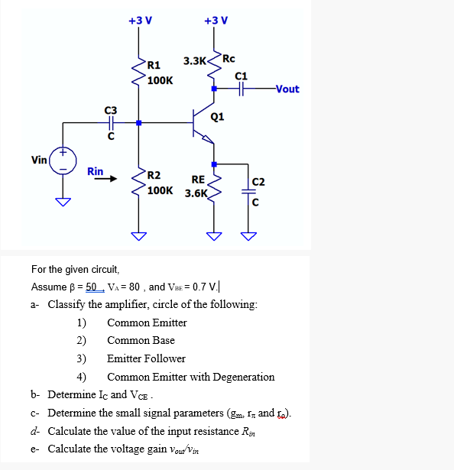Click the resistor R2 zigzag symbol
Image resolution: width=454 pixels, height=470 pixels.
tap(139, 181)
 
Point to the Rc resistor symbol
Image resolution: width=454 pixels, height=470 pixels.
tap(216, 66)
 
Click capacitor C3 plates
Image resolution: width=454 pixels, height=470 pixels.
tap(112, 122)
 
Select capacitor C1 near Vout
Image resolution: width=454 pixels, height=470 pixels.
tap(242, 89)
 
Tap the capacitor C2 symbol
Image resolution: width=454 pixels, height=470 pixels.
tap(247, 193)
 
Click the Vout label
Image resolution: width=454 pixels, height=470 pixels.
tap(287, 89)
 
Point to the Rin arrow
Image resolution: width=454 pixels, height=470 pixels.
tap(105, 181)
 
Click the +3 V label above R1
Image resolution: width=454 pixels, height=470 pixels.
tap(139, 20)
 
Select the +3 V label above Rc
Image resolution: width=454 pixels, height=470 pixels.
tap(216, 20)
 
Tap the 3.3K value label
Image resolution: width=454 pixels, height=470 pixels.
tap(194, 60)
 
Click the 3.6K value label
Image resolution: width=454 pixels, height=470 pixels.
tap(196, 193)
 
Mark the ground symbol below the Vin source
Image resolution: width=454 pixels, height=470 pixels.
tap(63, 202)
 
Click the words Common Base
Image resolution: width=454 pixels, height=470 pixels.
tap(141, 340)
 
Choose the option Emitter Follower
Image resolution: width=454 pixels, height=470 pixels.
tap(146, 358)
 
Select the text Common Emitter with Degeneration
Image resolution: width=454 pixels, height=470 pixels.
tap(190, 377)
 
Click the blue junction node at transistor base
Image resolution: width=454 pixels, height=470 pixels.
tap(139, 122)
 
